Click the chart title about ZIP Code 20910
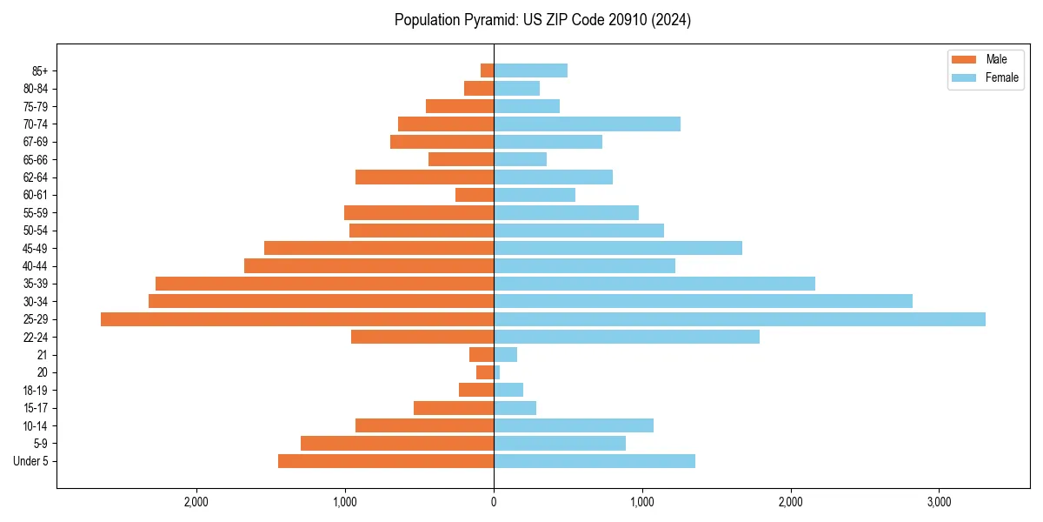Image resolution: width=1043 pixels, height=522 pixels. click(x=542, y=20)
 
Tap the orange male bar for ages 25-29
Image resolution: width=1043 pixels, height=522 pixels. click(x=297, y=319)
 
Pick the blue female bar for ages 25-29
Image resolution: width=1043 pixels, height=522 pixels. click(x=740, y=319)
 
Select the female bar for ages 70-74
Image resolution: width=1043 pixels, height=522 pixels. click(x=587, y=124)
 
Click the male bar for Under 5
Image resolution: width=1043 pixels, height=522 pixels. click(x=386, y=461)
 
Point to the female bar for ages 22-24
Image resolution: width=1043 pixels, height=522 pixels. click(x=627, y=337)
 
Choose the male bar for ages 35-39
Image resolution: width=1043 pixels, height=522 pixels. click(x=325, y=284)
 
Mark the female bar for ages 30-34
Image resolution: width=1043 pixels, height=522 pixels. click(x=703, y=301)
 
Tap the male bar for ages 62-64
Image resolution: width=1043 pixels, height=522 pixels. click(x=425, y=177)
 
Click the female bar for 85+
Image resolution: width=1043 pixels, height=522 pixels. click(x=530, y=70)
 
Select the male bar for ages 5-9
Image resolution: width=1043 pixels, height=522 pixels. click(x=397, y=444)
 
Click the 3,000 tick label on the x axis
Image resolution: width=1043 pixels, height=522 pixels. click(x=939, y=502)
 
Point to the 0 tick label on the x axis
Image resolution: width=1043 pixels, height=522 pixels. click(x=494, y=502)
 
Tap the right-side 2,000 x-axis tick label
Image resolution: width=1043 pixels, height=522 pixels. click(x=790, y=502)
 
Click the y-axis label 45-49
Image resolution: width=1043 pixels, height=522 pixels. click(x=36, y=248)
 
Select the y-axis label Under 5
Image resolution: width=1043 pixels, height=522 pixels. click(x=31, y=461)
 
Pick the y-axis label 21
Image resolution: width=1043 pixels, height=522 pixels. click(x=43, y=355)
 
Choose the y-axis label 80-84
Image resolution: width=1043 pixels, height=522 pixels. click(x=36, y=89)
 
